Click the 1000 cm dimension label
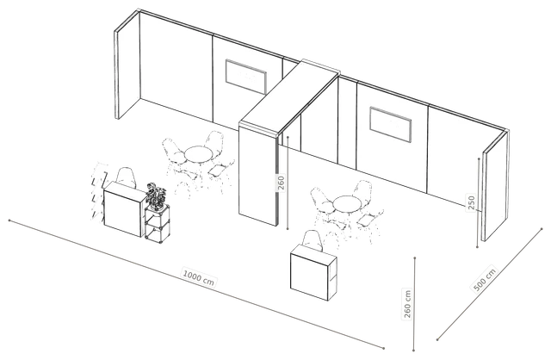(x=199, y=277)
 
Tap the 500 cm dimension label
(x=485, y=280)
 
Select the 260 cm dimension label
(x=407, y=304)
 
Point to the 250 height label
(x=472, y=202)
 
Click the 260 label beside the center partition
(x=282, y=183)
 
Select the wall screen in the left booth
(x=246, y=77)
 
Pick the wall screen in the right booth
(x=390, y=125)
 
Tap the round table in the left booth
(x=199, y=155)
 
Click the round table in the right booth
(x=347, y=204)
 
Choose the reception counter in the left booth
(x=124, y=208)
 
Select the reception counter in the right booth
(x=313, y=271)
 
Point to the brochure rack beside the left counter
(x=98, y=191)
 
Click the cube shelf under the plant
(x=157, y=223)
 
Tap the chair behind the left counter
(x=127, y=177)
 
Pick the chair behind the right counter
(x=312, y=241)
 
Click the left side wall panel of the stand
(x=127, y=65)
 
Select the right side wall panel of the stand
(x=496, y=186)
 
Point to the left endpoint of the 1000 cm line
(x=9, y=220)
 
